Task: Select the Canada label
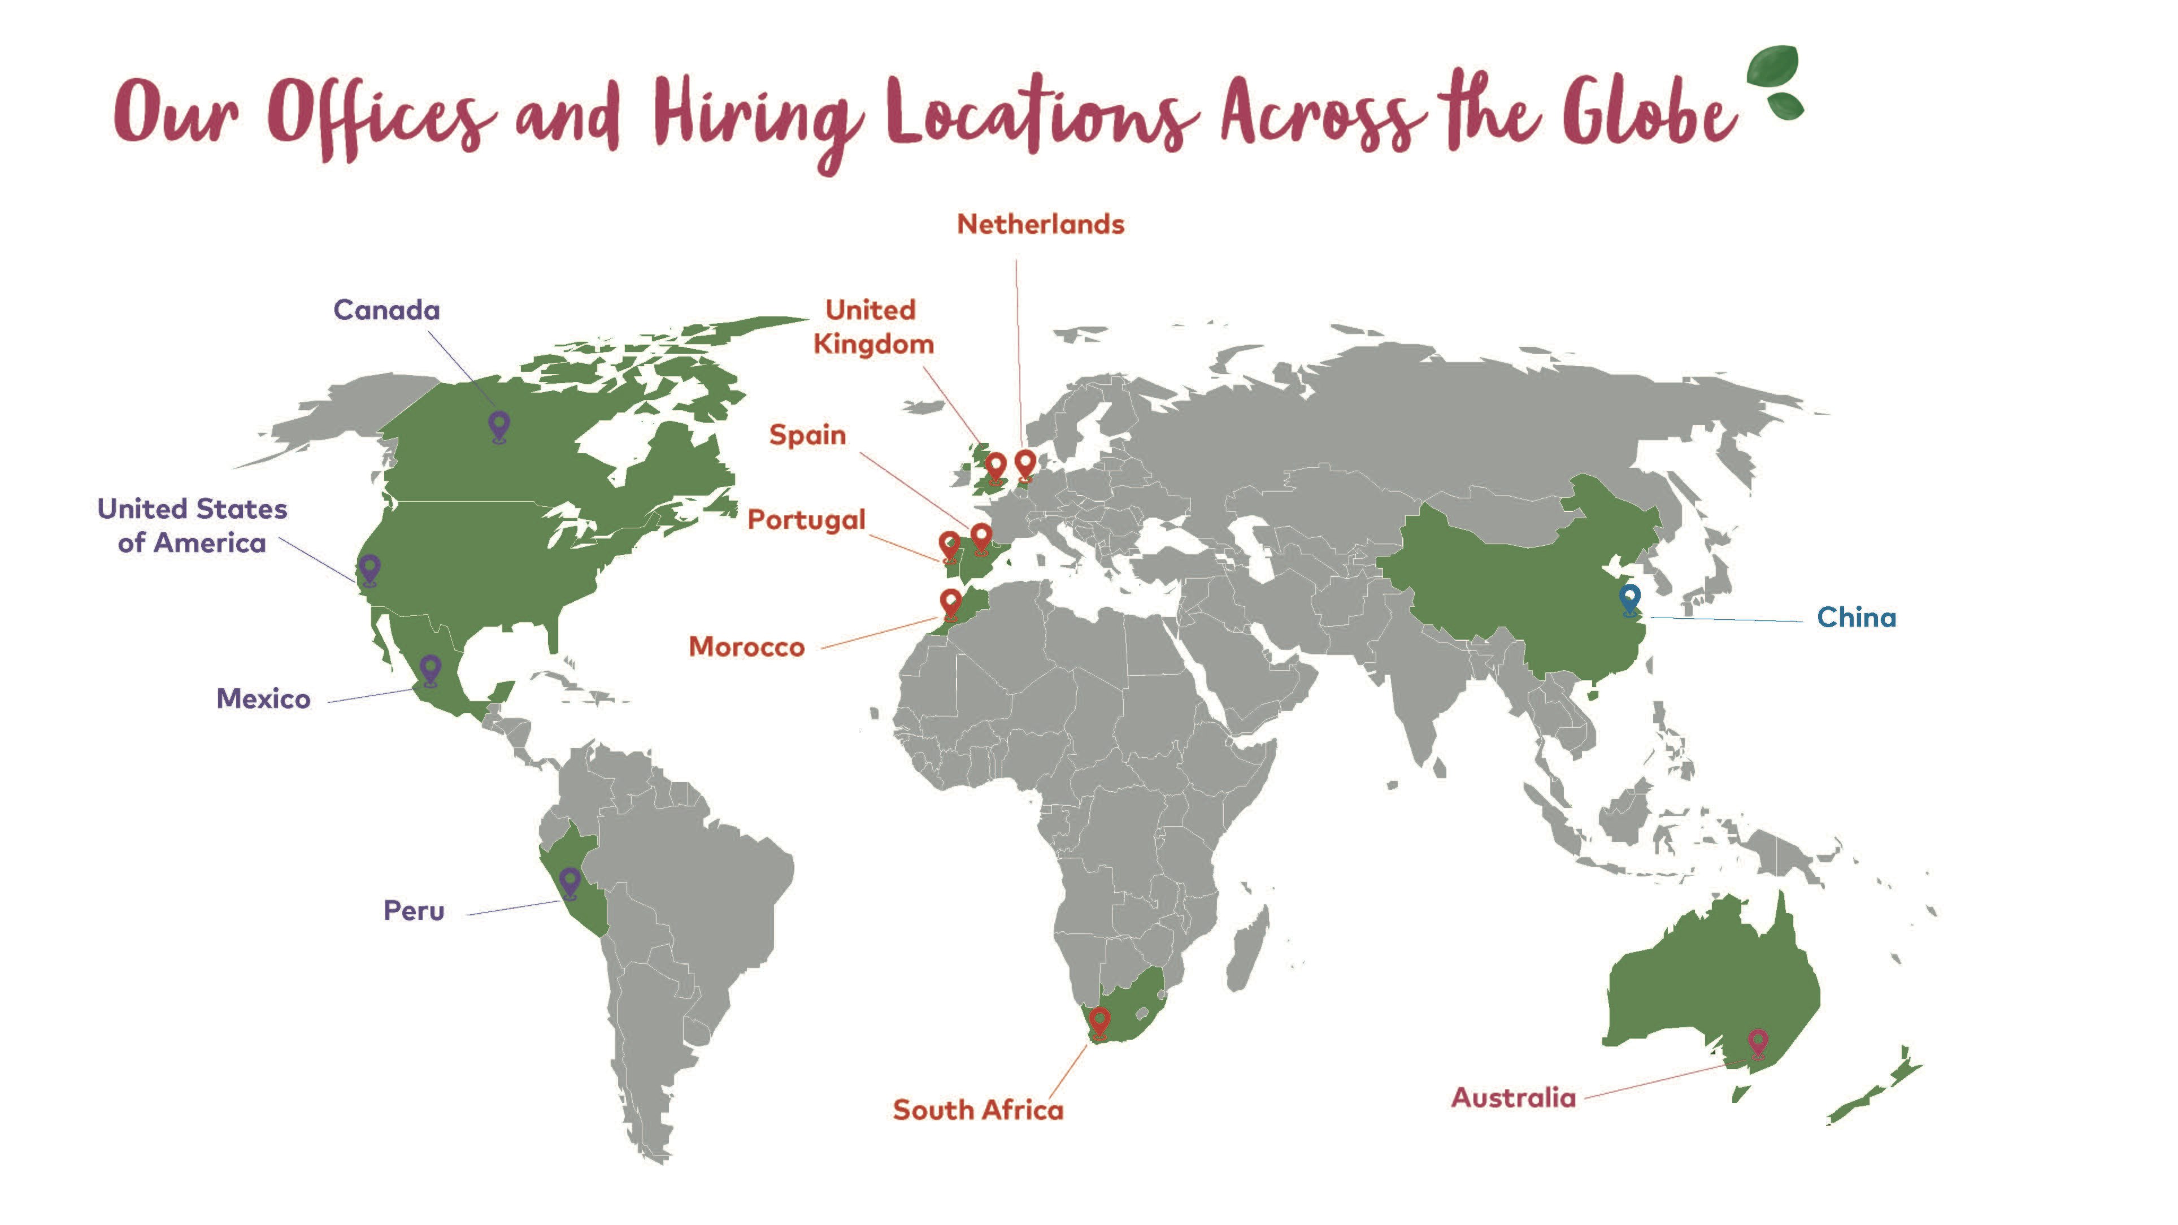click(386, 310)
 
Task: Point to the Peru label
click(414, 910)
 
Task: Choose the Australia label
click(1514, 1097)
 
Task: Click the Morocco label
click(746, 647)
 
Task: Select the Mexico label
click(263, 698)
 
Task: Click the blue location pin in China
click(1630, 598)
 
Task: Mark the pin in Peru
click(571, 881)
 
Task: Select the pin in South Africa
click(1099, 1020)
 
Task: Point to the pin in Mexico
click(431, 668)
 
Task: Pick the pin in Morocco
click(950, 603)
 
